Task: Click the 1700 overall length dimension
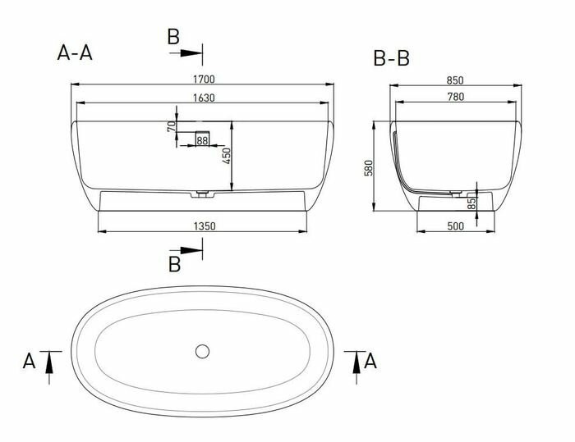click(204, 79)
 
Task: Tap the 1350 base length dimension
click(204, 226)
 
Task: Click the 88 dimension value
click(202, 142)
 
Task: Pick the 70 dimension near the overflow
click(170, 126)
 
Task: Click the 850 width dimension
click(456, 80)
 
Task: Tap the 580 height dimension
click(369, 167)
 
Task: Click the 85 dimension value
click(472, 203)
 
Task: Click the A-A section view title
click(75, 53)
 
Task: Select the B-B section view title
click(391, 58)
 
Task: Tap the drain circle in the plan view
click(203, 351)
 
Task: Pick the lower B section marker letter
click(173, 263)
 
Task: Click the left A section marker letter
click(30, 360)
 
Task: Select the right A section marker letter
click(372, 360)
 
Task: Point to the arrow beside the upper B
click(190, 52)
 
